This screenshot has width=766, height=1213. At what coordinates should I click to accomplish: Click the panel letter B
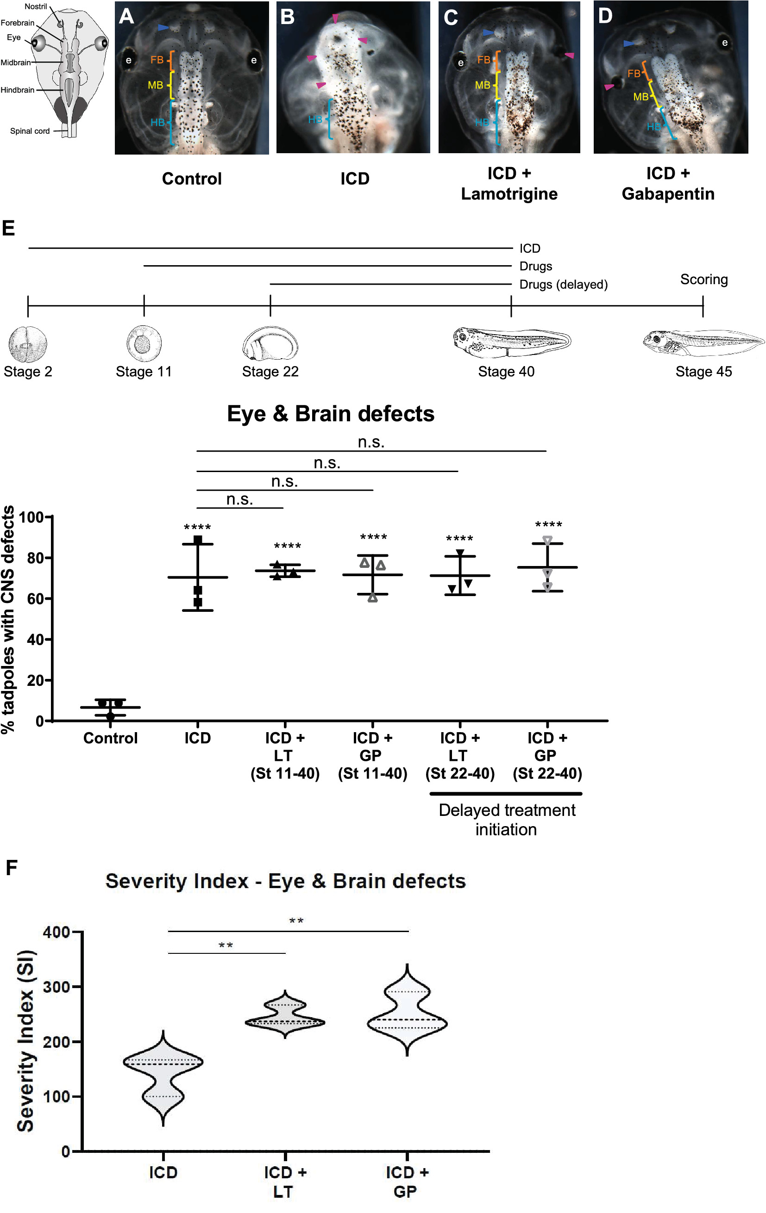click(x=287, y=17)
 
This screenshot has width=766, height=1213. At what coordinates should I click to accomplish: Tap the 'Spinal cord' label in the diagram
click(x=30, y=131)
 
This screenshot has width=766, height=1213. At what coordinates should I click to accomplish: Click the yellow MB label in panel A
click(x=155, y=86)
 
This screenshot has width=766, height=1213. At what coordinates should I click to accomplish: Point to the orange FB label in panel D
click(x=634, y=74)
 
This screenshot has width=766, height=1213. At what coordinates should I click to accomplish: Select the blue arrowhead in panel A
click(x=163, y=27)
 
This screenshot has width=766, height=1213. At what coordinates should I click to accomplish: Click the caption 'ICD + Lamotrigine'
click(x=509, y=183)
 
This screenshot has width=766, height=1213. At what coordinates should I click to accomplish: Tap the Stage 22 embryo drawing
click(x=270, y=343)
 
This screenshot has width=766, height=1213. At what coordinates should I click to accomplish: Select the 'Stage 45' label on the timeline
click(x=703, y=372)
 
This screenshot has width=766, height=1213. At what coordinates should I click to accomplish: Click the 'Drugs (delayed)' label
click(x=564, y=285)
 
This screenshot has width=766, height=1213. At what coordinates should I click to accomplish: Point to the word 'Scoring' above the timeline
click(x=704, y=280)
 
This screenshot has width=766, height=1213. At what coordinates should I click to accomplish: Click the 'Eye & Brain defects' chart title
click(x=331, y=414)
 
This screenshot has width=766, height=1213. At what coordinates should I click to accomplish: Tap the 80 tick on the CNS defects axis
click(x=35, y=558)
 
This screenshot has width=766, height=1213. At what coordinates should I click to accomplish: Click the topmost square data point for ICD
click(x=198, y=540)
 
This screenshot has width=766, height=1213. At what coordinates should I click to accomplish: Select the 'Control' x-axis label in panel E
click(x=110, y=738)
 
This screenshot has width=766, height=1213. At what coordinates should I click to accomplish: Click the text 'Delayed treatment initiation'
click(x=507, y=820)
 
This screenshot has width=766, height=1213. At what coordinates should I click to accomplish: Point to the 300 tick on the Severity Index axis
click(x=57, y=987)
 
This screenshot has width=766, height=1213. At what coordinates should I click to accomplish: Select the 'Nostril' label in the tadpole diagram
click(x=36, y=6)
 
